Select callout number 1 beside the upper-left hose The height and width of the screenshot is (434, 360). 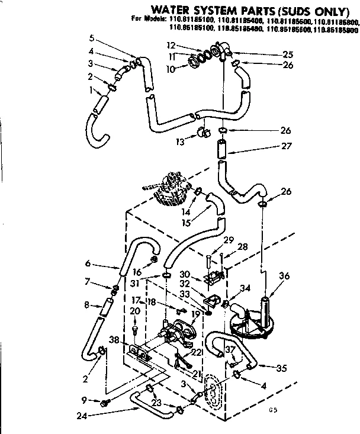pyautogui.click(x=91, y=91)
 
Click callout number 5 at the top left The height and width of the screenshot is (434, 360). pyautogui.click(x=91, y=38)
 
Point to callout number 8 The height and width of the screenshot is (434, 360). pyautogui.click(x=87, y=305)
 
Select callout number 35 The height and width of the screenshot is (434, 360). pyautogui.click(x=282, y=368)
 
